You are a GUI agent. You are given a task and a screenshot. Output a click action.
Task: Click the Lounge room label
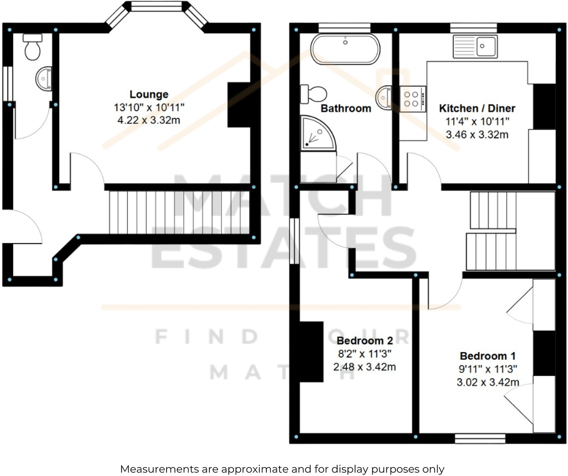tap(149, 94)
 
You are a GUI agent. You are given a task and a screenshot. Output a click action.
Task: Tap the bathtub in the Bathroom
tap(345, 49)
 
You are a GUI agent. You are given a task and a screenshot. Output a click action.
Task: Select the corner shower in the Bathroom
tap(316, 132)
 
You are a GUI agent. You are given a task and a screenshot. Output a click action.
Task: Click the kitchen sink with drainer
tap(475, 46)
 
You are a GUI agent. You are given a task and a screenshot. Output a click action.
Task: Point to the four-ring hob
tap(413, 99)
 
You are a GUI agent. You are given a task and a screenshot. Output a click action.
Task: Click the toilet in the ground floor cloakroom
tap(32, 46)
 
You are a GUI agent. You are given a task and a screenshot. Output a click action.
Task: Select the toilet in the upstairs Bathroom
tap(314, 94)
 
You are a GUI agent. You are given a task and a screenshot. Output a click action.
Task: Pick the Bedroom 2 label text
tap(364, 340)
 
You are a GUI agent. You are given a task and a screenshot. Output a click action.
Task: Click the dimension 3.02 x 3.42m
tap(488, 382)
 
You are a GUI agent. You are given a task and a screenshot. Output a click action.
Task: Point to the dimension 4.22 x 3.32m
tap(149, 120)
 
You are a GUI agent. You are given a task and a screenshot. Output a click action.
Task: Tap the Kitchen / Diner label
tap(477, 108)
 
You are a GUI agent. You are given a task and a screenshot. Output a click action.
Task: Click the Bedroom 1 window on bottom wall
tap(480, 438)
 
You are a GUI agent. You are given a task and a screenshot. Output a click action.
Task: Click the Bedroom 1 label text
tap(488, 356)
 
